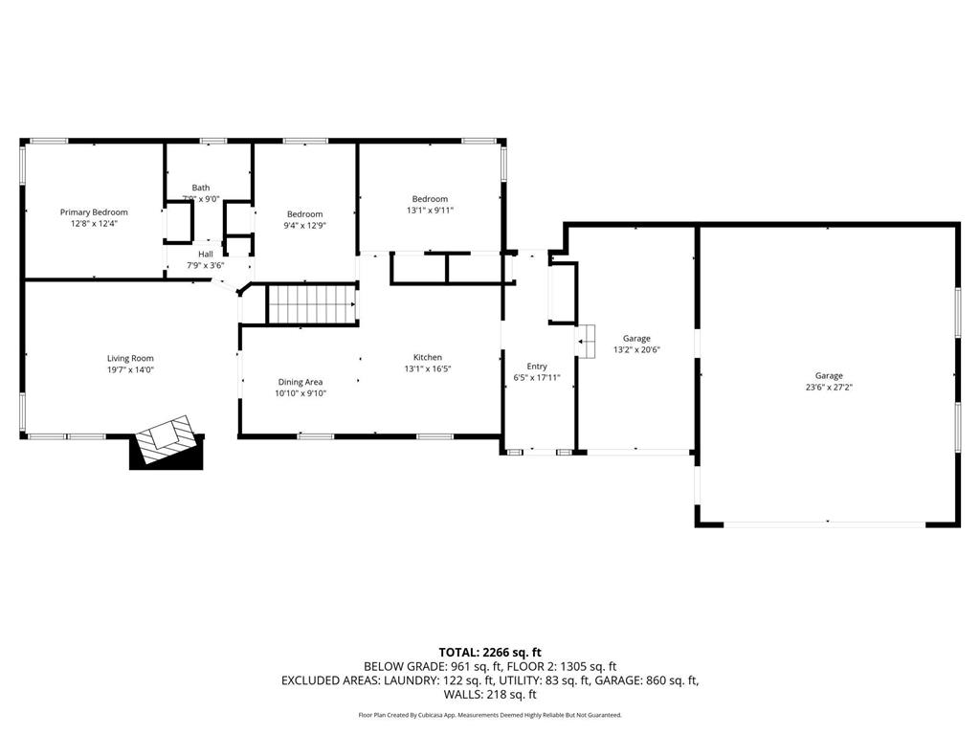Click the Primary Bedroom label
pyautogui.click(x=94, y=212)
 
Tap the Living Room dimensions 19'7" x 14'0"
pyautogui.click(x=130, y=369)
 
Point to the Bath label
pyautogui.click(x=201, y=188)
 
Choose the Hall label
pyautogui.click(x=206, y=254)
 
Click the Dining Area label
pyautogui.click(x=301, y=382)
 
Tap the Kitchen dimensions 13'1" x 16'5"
pyautogui.click(x=427, y=368)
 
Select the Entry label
pyautogui.click(x=537, y=367)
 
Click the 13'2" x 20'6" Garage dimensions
pyautogui.click(x=636, y=349)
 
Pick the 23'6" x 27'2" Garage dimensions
pyautogui.click(x=829, y=387)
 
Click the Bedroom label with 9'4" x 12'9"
pyautogui.click(x=304, y=214)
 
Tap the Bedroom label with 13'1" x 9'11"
pyautogui.click(x=430, y=199)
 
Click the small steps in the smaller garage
pyautogui.click(x=586, y=337)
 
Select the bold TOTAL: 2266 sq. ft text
pyautogui.click(x=490, y=652)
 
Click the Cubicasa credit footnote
pyautogui.click(x=490, y=715)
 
